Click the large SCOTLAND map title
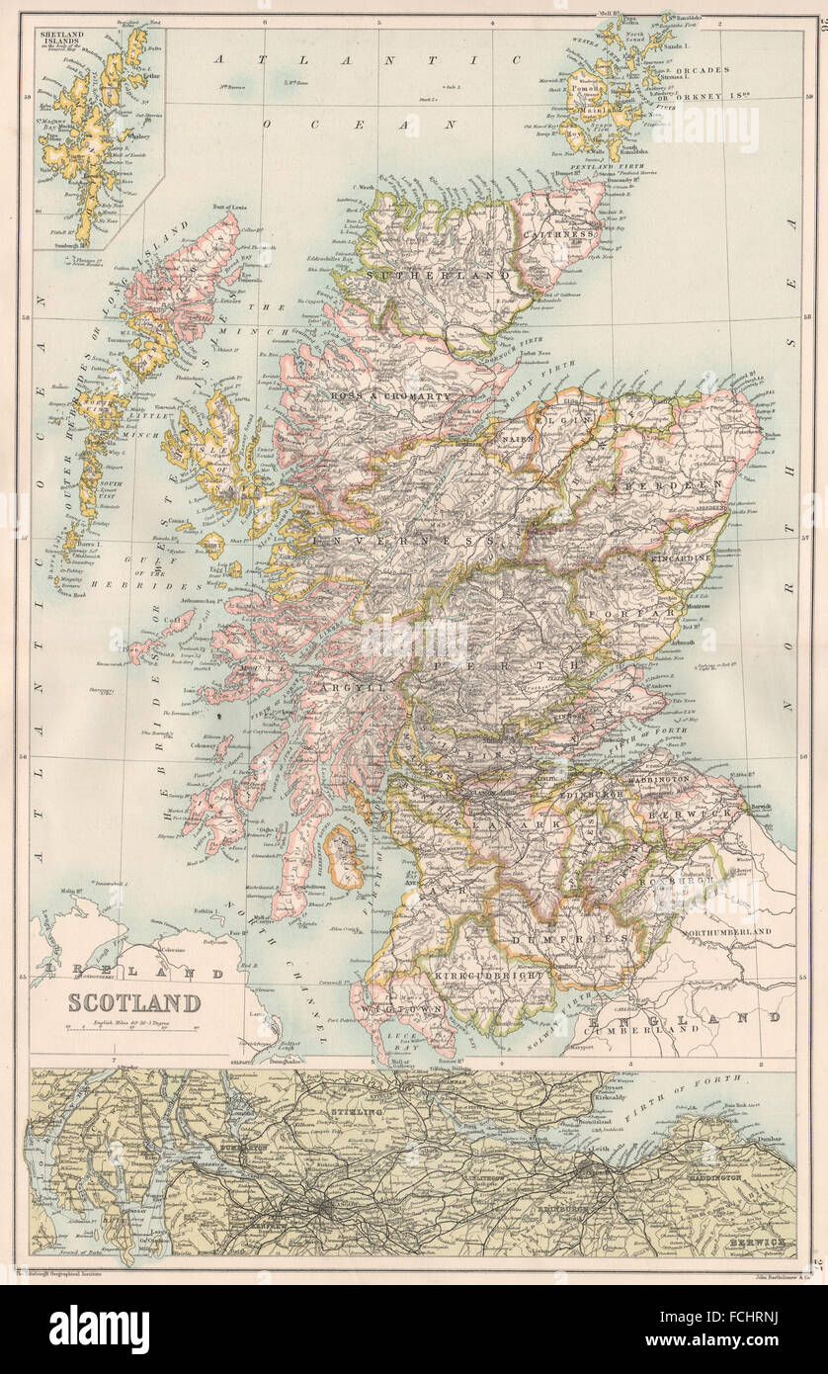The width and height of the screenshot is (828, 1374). click(x=133, y=1001)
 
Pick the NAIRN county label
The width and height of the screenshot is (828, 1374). click(x=520, y=436)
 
